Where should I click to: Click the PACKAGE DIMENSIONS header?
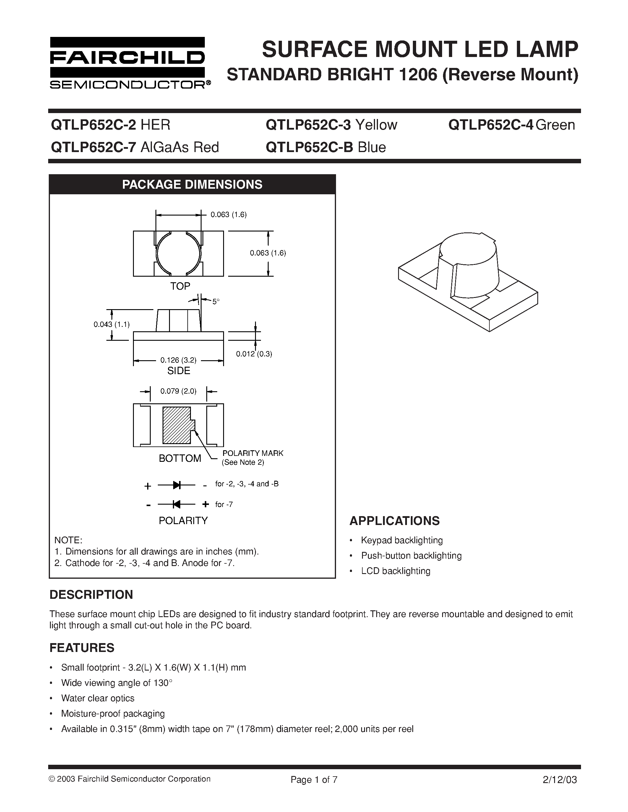point(192,185)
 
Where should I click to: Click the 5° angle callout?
point(216,302)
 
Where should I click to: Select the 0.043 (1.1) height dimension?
point(111,325)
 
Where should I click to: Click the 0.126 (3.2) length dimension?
point(178,360)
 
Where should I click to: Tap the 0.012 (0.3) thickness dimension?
point(254,354)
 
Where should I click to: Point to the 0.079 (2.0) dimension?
point(178,391)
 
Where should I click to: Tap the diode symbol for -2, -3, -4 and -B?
point(176,485)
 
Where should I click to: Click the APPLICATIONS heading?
point(394,521)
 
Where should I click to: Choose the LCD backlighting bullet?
point(395,571)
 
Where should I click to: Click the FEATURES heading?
point(82,648)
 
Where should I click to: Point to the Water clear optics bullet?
point(98,698)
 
